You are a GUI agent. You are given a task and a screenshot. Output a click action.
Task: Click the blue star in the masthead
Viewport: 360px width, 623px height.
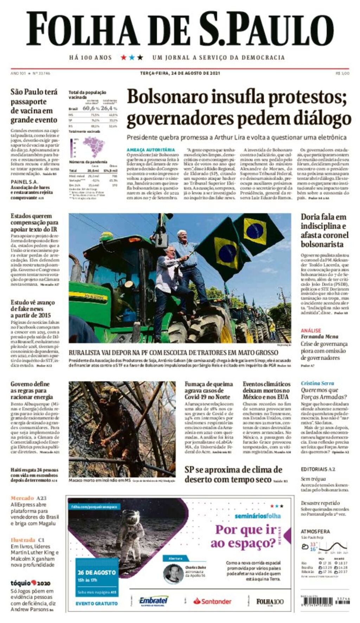132,57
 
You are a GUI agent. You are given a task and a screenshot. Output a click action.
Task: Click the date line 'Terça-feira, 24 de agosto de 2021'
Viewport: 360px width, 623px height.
180,73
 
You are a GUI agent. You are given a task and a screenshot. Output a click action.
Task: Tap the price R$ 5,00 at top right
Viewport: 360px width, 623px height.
342,73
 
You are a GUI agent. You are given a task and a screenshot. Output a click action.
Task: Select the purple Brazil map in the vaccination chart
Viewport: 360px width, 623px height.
94,146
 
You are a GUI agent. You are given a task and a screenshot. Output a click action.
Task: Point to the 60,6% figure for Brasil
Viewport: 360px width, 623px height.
91,108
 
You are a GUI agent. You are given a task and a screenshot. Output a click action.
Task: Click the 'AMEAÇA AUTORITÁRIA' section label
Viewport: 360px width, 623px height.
150,150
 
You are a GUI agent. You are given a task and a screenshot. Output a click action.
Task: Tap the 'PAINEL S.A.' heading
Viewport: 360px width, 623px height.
24,182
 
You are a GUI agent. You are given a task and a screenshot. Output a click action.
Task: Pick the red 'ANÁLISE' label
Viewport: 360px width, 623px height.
311,330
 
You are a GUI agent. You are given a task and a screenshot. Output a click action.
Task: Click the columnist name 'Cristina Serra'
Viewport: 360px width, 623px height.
317,383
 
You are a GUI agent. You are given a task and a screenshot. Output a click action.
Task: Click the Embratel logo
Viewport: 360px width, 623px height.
153,601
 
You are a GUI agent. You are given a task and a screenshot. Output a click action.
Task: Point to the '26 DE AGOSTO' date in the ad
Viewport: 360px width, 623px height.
97,572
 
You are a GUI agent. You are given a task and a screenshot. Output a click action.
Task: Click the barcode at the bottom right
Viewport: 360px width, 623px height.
337,602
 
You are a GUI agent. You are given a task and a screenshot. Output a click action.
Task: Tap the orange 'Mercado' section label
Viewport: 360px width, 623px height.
22,498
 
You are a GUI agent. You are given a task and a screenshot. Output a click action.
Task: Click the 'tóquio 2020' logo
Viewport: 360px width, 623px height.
30,583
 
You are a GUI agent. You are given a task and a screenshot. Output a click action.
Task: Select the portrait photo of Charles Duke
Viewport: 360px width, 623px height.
173,573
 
